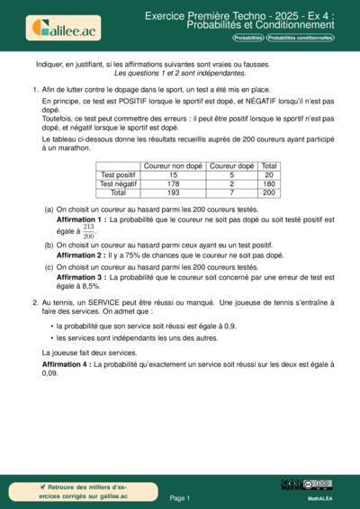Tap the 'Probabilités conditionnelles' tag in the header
click(x=300, y=39)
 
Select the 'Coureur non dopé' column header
click(x=173, y=166)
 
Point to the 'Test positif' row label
click(x=119, y=175)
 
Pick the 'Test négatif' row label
click(x=119, y=184)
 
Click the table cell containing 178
click(x=173, y=184)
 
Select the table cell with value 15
click(x=173, y=175)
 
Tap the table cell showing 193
click(x=173, y=193)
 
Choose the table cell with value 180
click(x=269, y=184)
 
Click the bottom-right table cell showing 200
click(x=269, y=193)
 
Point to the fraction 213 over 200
click(x=89, y=231)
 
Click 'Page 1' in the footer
click(x=180, y=496)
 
